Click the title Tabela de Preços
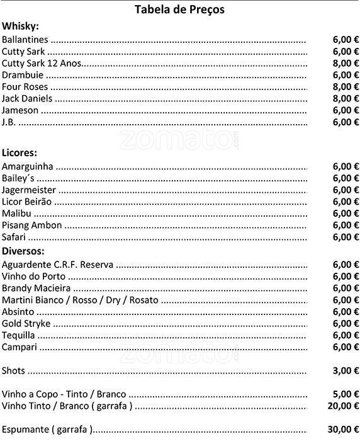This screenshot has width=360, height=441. [x=179, y=9]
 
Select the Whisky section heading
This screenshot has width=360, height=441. [x=20, y=26]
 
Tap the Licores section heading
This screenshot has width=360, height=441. [x=20, y=153]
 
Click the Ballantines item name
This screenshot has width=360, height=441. [x=25, y=39]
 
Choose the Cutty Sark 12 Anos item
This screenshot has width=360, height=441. [x=42, y=63]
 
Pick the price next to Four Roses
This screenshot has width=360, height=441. [x=346, y=87]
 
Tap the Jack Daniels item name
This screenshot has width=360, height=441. [x=27, y=99]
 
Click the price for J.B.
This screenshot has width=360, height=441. [x=346, y=122]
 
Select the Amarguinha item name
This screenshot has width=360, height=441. [x=28, y=167]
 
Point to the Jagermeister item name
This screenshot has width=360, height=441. [x=29, y=190]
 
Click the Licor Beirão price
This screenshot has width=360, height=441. [x=346, y=202]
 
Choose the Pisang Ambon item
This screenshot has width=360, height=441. [x=32, y=226]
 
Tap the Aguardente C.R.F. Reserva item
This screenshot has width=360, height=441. [x=57, y=265]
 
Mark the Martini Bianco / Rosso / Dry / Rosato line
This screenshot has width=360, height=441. [x=80, y=300]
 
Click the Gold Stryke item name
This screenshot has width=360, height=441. [x=26, y=324]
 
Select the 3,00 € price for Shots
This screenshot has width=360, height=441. [x=346, y=370]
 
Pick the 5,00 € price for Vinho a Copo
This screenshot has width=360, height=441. [x=346, y=394]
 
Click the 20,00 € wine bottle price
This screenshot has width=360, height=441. [x=343, y=406]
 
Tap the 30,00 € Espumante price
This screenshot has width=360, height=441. [x=343, y=430]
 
